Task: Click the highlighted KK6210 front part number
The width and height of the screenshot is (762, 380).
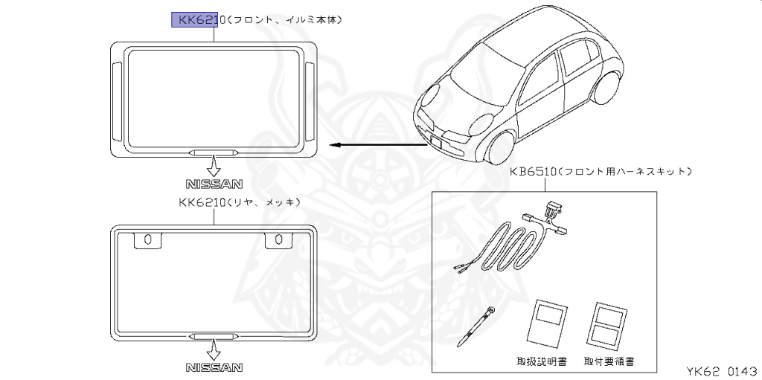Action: point(195,19)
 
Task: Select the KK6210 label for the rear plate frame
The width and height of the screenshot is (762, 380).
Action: point(201,202)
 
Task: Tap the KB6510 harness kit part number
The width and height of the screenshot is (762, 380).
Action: point(534,171)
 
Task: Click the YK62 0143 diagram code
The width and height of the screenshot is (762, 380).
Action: point(719,369)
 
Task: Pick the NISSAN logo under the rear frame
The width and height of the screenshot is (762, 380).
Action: point(214,367)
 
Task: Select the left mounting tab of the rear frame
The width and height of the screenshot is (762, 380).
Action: point(147,239)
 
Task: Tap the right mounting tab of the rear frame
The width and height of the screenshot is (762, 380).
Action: point(278,239)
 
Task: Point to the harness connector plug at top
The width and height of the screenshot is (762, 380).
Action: point(551,211)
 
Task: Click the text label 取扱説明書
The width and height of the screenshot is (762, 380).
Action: point(542,361)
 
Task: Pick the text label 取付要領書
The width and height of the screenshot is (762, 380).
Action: point(609,361)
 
